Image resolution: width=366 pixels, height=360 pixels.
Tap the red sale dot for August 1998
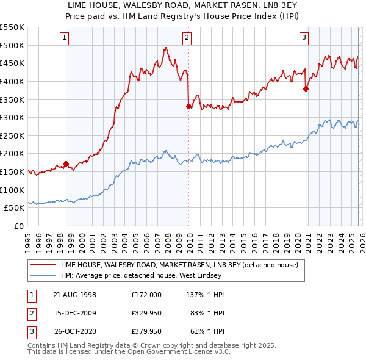point(66,164)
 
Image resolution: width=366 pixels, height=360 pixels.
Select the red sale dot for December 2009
point(188,106)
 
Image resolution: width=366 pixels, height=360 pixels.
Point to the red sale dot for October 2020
point(306,88)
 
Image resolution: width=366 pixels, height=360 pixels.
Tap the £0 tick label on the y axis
point(20,226)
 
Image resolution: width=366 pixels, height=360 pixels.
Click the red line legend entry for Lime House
point(179,265)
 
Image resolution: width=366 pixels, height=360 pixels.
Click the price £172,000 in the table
point(146,294)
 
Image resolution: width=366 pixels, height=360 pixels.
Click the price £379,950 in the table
point(146,333)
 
